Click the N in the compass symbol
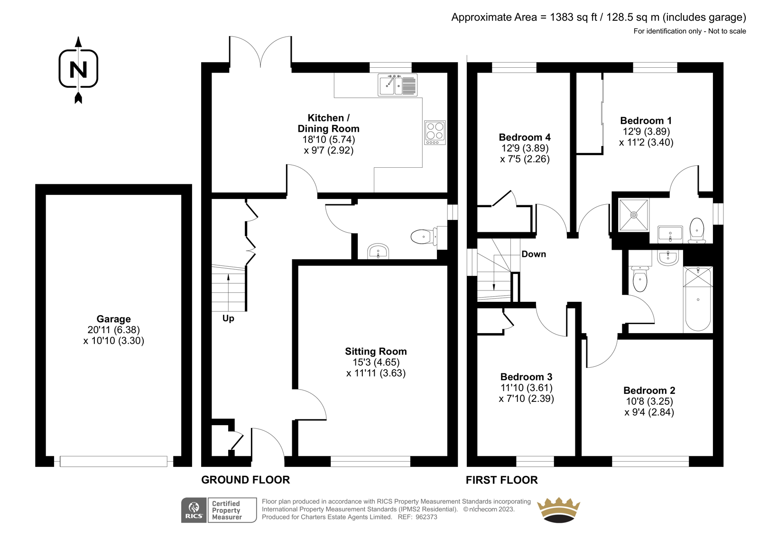coord(78,70)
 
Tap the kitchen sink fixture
coord(398,85)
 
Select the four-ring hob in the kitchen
coord(435,133)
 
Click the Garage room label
coord(113,319)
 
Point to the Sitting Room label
coord(376,352)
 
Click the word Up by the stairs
coord(228,318)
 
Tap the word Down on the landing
coord(534,254)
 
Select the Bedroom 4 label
coord(525,137)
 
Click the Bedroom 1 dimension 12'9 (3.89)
coord(646,131)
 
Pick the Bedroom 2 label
coord(649,391)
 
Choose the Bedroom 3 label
coord(526,377)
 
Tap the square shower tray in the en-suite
coord(634,215)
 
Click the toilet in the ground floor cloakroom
coord(424,236)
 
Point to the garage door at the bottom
coord(113,461)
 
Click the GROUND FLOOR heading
coord(245,480)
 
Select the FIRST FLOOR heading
coord(501,480)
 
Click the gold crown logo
coord(559,510)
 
